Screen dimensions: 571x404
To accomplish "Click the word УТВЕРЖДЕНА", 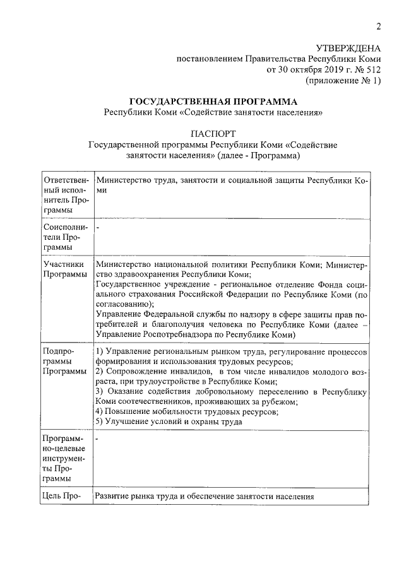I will pos(348,48).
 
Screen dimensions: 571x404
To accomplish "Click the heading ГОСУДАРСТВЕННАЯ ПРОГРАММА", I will pos(213,102).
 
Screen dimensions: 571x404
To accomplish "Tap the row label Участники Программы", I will pos(65,269).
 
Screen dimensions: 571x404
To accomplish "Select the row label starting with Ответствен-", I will pos(65,195).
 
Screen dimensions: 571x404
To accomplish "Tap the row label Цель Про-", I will pos(61,497).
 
